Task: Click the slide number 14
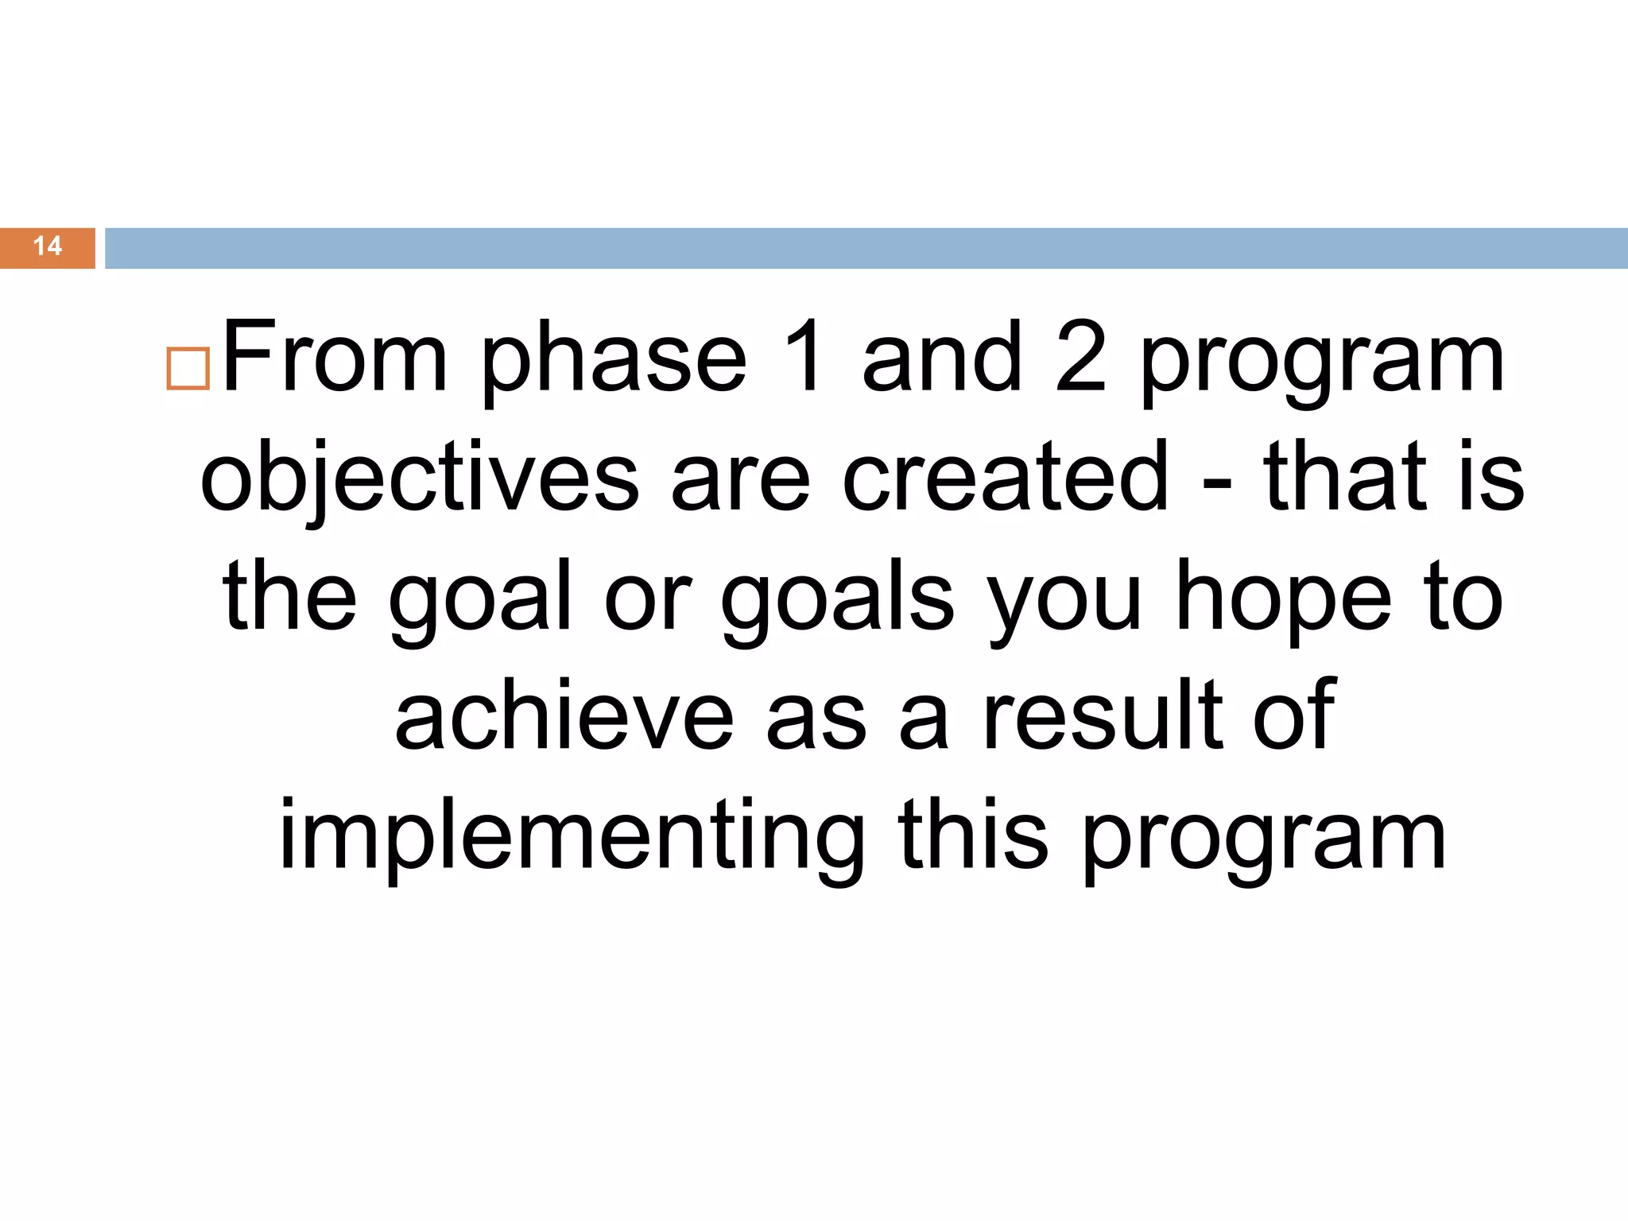[x=48, y=246]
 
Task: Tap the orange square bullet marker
[x=188, y=368]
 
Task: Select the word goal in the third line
[x=481, y=600]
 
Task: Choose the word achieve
[x=564, y=715]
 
